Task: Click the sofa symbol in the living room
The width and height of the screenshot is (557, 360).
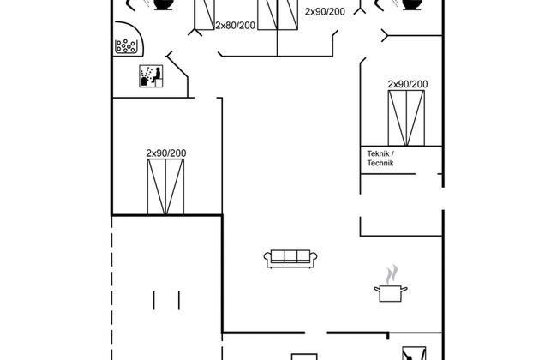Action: (290, 259)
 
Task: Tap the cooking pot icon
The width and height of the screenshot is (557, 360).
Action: (391, 293)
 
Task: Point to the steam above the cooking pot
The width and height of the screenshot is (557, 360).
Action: (392, 274)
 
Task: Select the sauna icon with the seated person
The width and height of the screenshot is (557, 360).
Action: (151, 76)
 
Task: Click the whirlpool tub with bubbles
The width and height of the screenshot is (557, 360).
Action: (129, 39)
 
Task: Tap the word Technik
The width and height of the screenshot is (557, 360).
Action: (380, 163)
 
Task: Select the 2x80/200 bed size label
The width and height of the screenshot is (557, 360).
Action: (235, 26)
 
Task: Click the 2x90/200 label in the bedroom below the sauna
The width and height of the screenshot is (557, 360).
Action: (166, 153)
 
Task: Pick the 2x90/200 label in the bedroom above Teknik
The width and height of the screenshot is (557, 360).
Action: (407, 84)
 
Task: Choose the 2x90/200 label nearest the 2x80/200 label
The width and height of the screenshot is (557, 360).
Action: (325, 12)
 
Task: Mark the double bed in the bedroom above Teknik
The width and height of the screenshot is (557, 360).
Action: (406, 118)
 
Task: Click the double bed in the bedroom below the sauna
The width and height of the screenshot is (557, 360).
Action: (165, 187)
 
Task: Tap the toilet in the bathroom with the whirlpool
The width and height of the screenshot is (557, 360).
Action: (164, 4)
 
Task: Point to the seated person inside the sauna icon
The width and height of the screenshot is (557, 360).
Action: (156, 75)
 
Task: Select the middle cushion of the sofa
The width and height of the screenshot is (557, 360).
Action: (290, 256)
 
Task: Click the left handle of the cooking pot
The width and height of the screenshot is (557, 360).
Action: (377, 289)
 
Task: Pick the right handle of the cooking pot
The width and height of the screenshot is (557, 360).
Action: (404, 289)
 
